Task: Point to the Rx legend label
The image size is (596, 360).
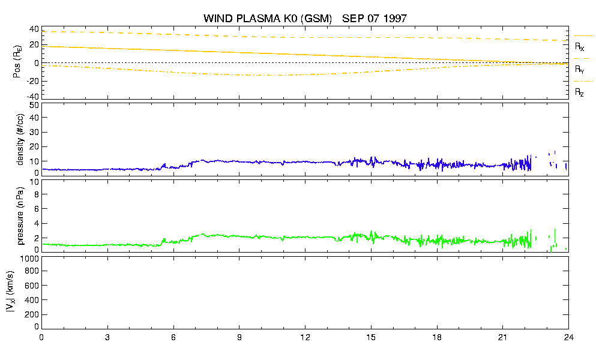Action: [x=579, y=47]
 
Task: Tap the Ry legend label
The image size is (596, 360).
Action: [x=579, y=69]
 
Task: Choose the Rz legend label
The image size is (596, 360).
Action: [x=579, y=92]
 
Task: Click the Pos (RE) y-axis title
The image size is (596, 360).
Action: [x=17, y=62]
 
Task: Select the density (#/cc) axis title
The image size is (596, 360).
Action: [x=20, y=140]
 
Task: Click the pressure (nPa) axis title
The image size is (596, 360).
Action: [x=20, y=216]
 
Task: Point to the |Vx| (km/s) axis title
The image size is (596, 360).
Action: [x=11, y=292]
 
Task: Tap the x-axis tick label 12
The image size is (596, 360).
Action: [x=305, y=337]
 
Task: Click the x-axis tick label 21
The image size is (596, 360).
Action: [x=502, y=337]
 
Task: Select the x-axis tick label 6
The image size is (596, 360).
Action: [x=173, y=337]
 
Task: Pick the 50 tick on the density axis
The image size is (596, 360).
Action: [x=34, y=105]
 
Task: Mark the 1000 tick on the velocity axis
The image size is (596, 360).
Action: [x=29, y=259]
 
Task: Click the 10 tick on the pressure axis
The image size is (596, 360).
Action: [x=34, y=182]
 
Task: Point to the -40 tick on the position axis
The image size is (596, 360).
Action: [x=32, y=97]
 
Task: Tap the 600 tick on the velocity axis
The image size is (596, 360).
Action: [x=32, y=286]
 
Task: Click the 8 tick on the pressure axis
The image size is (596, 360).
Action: [x=37, y=194]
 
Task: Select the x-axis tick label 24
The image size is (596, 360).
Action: [x=568, y=337]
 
